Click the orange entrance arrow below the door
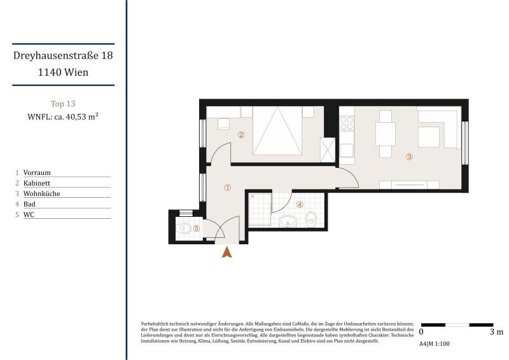pos(227,252)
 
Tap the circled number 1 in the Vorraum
pos(228,187)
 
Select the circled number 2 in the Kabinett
pos(241,134)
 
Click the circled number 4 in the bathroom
pos(300,205)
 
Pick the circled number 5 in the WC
pos(197,228)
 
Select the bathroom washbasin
pos(288,221)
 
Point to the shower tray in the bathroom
pos(259,211)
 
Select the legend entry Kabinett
pos(37,183)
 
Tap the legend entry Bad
pos(29,204)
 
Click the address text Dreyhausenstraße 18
pos(64,56)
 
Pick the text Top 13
pos(63,103)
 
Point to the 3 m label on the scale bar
pos(496,332)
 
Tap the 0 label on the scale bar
pos(421,332)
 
